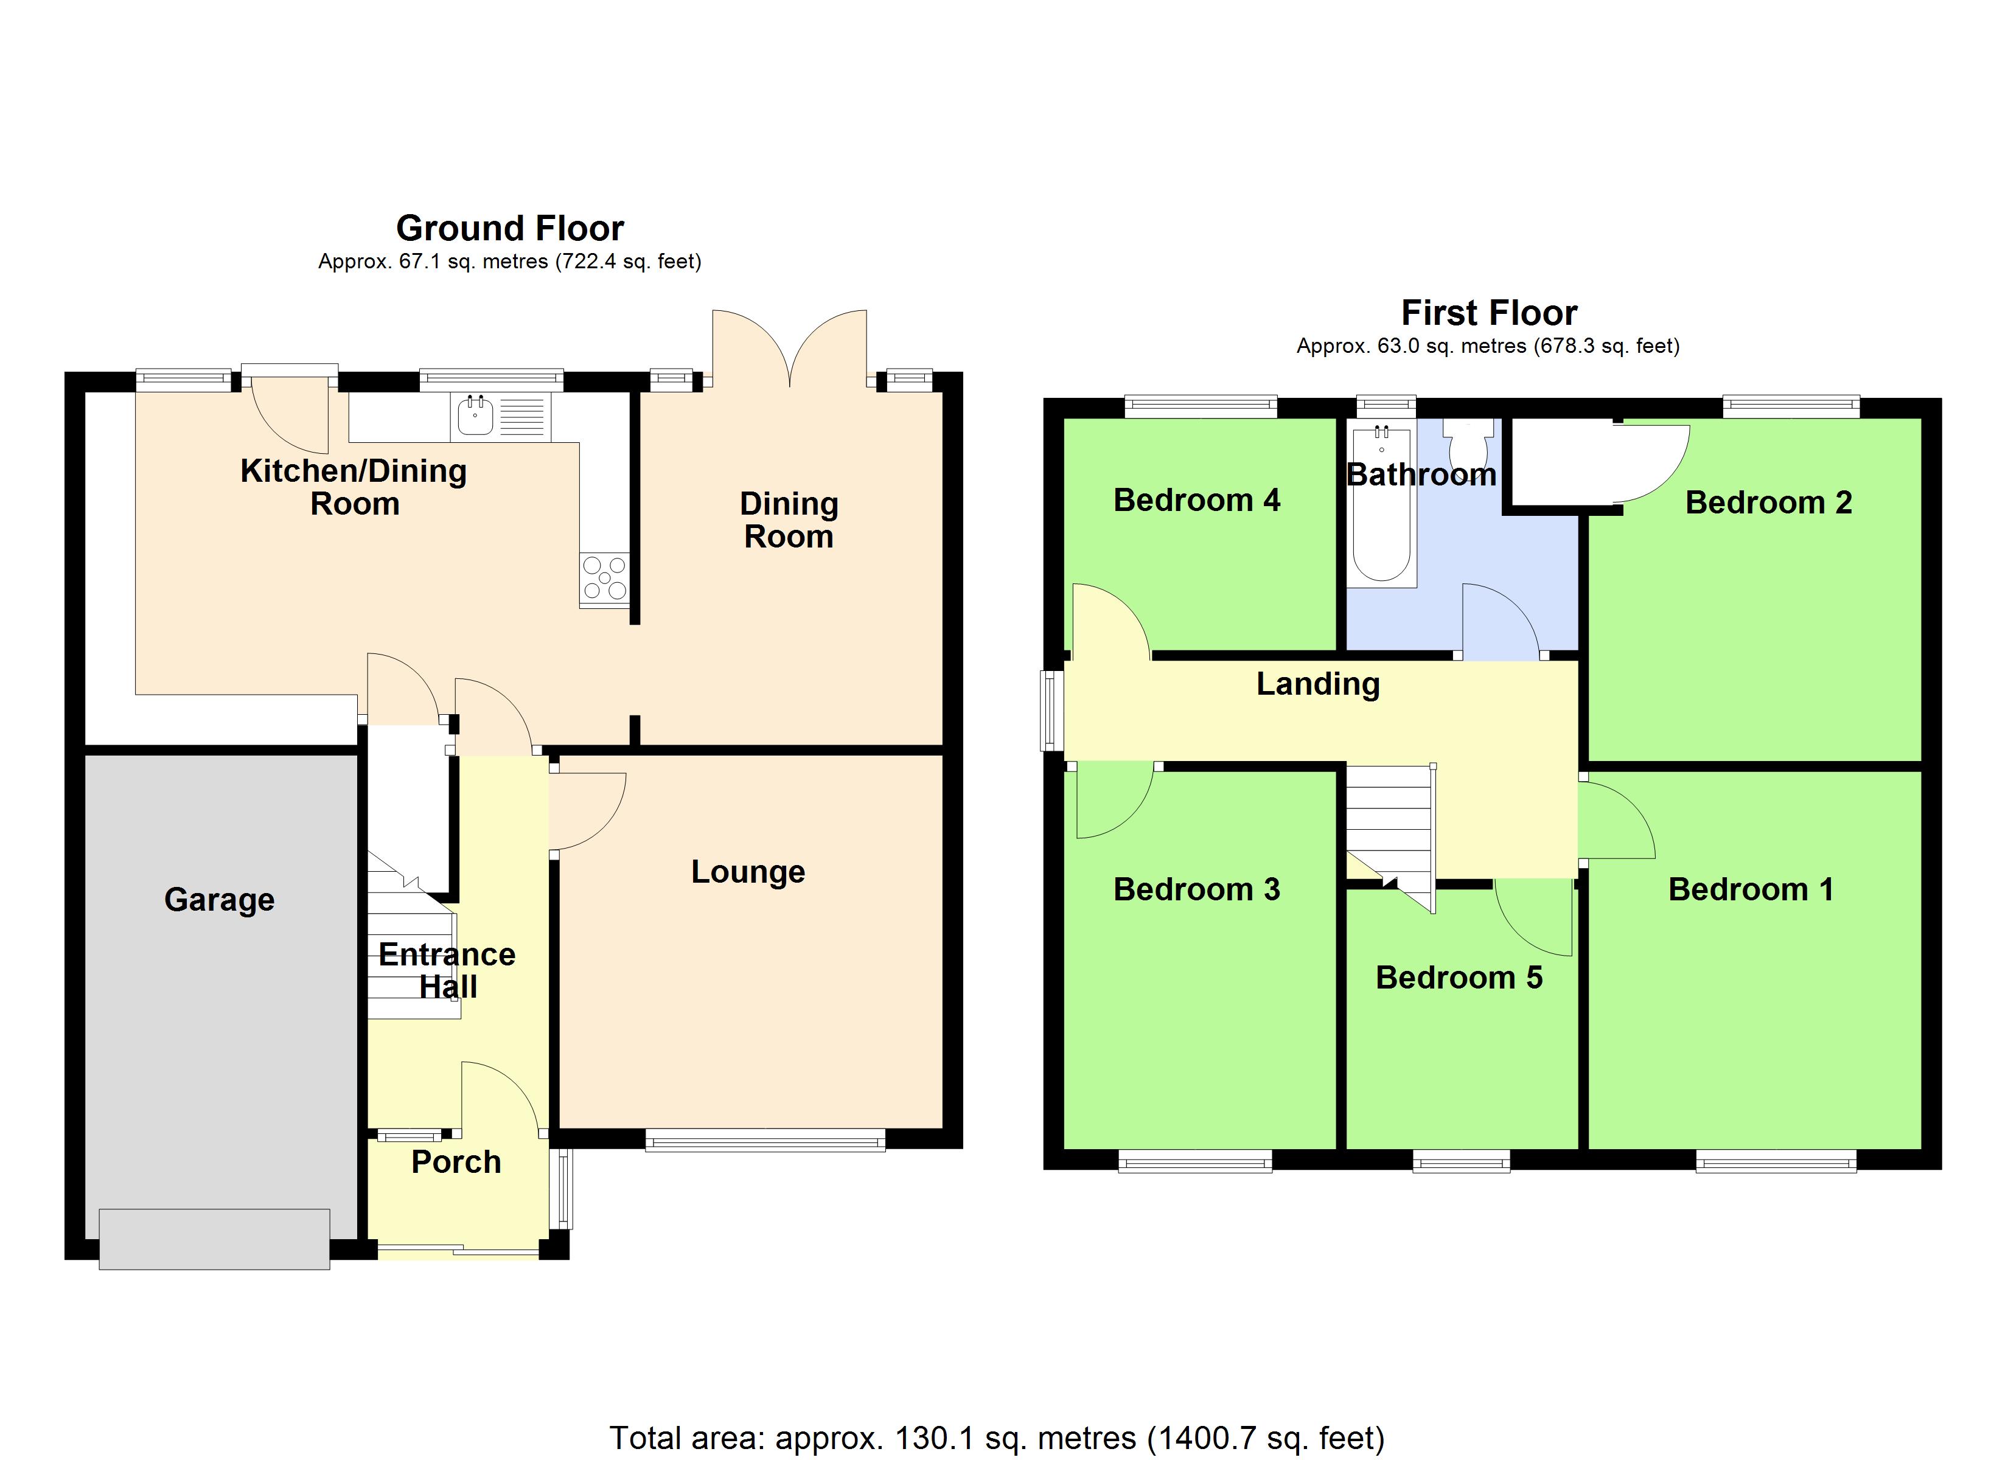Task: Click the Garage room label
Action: (x=220, y=900)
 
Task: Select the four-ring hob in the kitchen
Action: (x=605, y=577)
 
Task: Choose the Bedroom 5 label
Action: (x=1459, y=978)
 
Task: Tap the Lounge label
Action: (x=748, y=872)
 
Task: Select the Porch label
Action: (x=456, y=1162)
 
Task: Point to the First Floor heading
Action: (x=1489, y=313)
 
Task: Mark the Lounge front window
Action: (x=765, y=1141)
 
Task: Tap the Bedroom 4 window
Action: (x=1201, y=406)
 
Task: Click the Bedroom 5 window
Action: (x=1461, y=1161)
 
